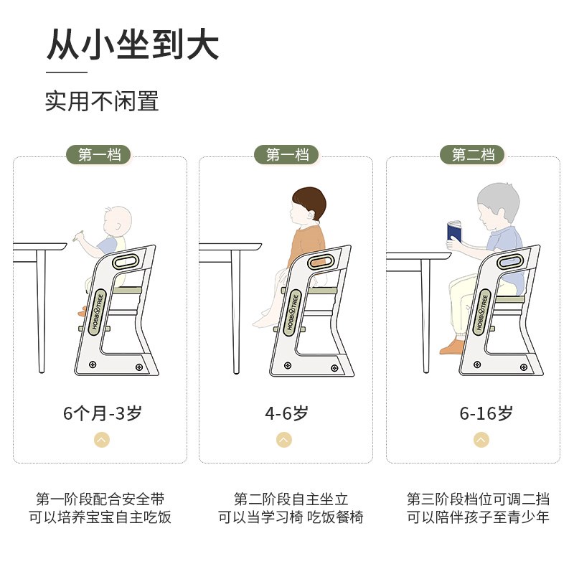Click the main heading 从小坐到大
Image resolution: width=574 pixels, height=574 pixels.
point(133,44)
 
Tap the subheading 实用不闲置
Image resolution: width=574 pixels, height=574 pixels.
point(102,100)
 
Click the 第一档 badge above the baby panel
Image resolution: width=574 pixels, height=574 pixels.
point(100,154)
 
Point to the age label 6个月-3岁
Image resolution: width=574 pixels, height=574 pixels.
point(102,413)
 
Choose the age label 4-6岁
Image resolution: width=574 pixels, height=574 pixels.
point(286,413)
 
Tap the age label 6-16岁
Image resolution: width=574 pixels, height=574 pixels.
point(486,413)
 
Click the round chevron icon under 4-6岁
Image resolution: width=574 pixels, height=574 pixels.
point(285,440)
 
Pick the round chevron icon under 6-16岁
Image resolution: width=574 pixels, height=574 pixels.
point(481,440)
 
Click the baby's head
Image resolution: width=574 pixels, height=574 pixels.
point(114,220)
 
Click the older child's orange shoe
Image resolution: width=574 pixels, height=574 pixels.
point(450,348)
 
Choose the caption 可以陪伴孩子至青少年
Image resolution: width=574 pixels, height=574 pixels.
point(479,517)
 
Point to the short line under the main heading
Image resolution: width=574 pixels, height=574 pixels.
point(66,72)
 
